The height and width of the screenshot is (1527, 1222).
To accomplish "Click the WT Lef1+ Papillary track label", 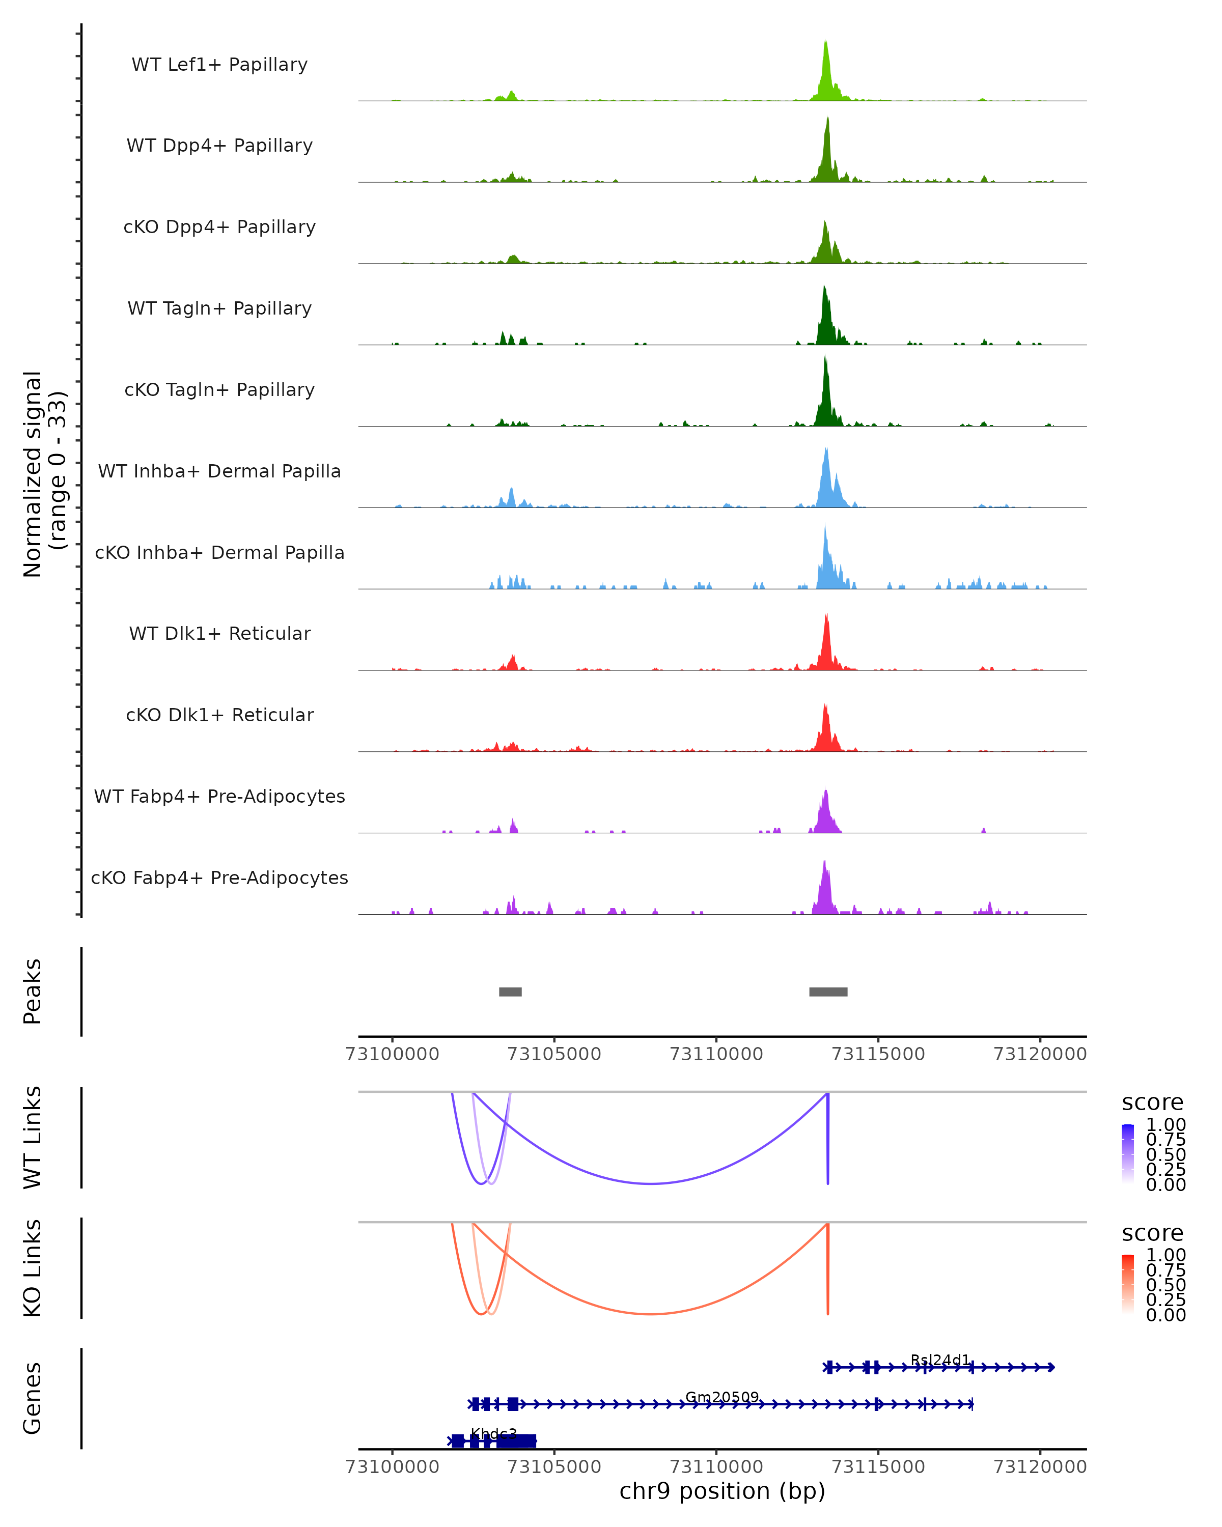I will coord(219,65).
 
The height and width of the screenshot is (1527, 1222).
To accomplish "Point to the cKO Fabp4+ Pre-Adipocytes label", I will coord(219,878).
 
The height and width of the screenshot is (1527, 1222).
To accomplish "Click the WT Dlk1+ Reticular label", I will coord(219,633).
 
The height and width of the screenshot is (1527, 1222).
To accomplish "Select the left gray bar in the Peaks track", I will coord(510,992).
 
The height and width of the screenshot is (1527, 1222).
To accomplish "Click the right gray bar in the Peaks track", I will coord(828,992).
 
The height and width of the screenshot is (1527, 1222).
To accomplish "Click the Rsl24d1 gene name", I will coord(940,1360).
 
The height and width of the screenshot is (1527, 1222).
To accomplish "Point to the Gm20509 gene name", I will coord(722,1397).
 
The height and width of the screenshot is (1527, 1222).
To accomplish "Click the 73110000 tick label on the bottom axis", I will coord(716,1467).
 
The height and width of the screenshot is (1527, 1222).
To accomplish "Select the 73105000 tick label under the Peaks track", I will coord(554,1054).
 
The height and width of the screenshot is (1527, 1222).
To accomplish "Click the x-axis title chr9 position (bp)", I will coord(722,1491).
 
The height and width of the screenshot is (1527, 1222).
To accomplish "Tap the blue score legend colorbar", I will coord(1128,1154).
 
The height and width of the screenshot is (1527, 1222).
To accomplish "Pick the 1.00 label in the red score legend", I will coord(1165,1255).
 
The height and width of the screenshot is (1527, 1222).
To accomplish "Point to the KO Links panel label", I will coord(33,1268).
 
